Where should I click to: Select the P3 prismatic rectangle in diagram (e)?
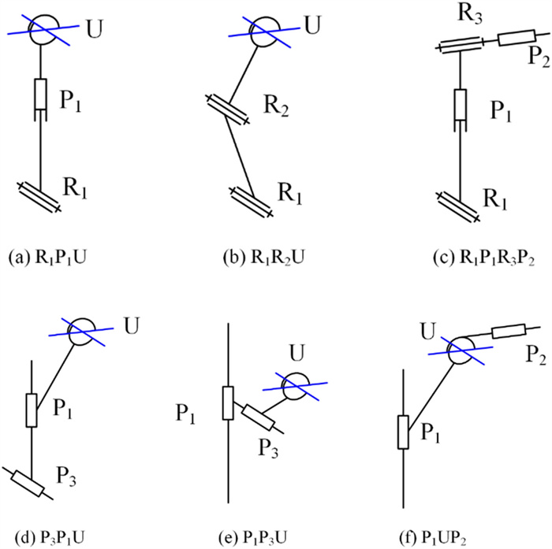257,417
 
